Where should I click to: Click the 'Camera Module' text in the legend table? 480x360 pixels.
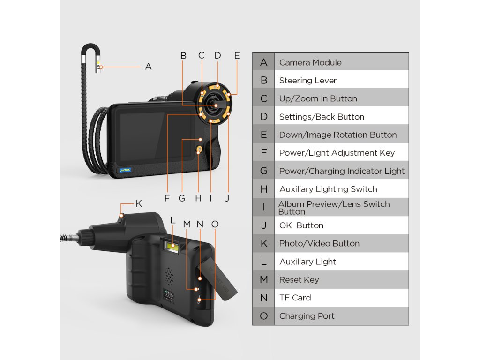point(310,62)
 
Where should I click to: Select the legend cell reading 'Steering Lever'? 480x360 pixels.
point(307,81)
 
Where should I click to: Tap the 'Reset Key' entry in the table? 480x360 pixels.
point(299,280)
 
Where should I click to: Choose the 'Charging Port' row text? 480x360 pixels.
point(307,316)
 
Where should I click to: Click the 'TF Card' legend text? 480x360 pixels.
point(295,298)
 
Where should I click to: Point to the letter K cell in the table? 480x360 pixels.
point(264,244)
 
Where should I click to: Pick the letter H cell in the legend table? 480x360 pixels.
point(264,189)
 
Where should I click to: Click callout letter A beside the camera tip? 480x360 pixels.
point(149,67)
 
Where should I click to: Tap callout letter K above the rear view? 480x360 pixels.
point(138,203)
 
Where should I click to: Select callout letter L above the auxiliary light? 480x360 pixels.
point(172,219)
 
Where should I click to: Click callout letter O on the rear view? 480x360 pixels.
point(215,224)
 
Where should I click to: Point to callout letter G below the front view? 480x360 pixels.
point(182,198)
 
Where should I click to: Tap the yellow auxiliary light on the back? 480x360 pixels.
point(172,245)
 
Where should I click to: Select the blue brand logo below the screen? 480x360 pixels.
point(125,169)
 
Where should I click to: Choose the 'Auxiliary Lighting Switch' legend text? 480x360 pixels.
point(328,189)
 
